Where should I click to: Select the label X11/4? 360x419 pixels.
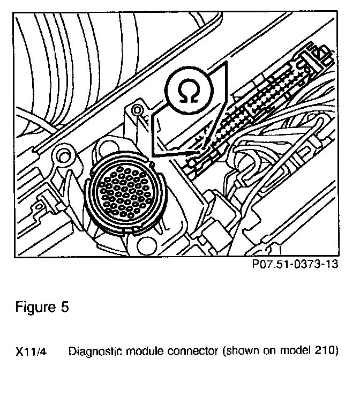[31, 352]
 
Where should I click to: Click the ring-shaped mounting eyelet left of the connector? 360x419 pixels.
[63, 156]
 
